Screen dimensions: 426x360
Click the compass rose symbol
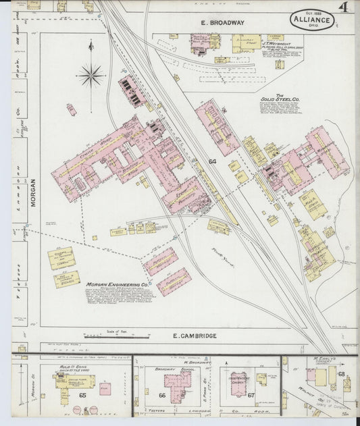tap(91, 74)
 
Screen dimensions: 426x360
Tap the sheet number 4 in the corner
tap(344, 9)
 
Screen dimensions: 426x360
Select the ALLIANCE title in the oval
tap(311, 20)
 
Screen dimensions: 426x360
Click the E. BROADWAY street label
tap(222, 23)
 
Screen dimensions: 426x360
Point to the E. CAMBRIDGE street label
tap(195, 336)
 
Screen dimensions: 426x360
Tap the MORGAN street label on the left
tap(32, 192)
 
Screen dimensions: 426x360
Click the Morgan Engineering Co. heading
tap(113, 284)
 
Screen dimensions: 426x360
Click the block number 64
tap(212, 161)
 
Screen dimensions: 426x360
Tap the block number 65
tap(82, 395)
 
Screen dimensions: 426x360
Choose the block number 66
tap(162, 396)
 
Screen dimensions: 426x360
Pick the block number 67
tap(251, 396)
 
